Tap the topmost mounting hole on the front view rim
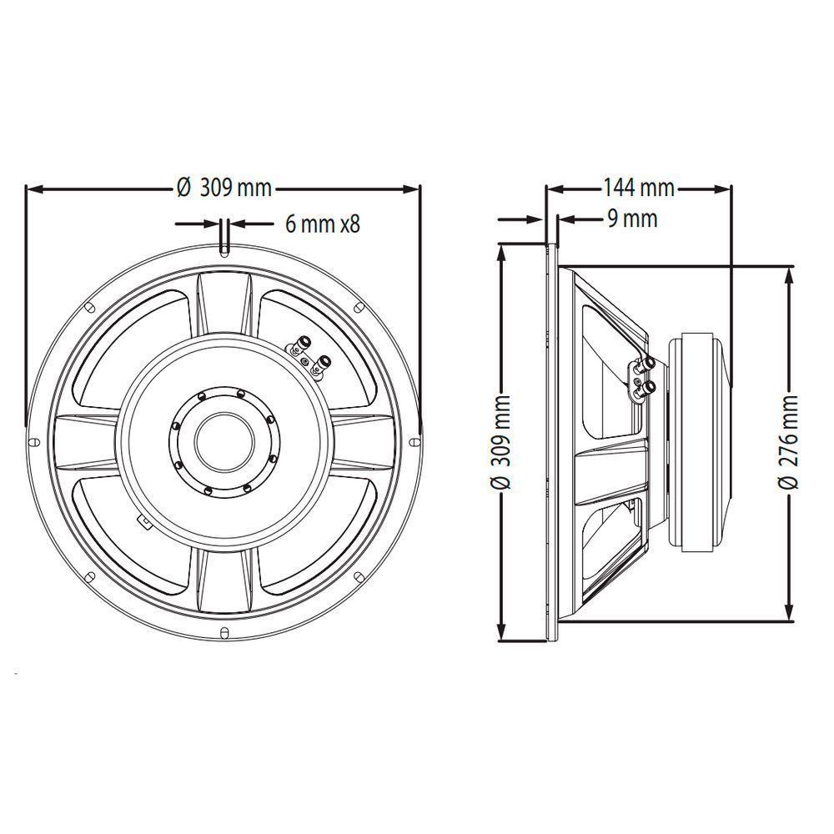tap(224, 248)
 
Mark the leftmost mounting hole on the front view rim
tap(32, 441)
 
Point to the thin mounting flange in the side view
tap(550, 442)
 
